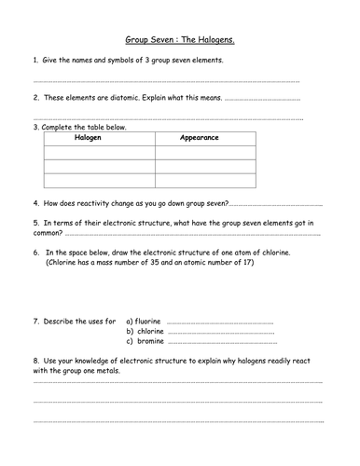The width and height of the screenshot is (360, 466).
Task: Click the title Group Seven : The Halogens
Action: click(x=180, y=41)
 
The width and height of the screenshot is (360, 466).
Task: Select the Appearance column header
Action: click(x=199, y=137)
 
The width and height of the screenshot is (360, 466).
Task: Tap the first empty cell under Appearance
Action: click(x=199, y=153)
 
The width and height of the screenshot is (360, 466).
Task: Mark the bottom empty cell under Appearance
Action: click(x=199, y=181)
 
